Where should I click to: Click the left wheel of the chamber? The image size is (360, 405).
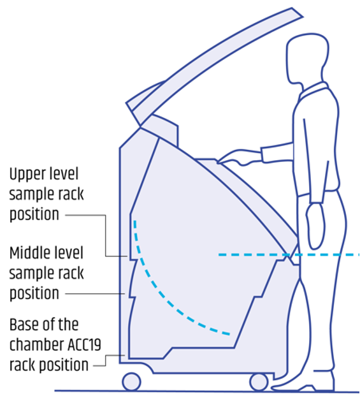point(131,381)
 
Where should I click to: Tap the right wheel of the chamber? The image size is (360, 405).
point(259,381)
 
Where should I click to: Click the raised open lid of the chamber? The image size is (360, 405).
point(210,61)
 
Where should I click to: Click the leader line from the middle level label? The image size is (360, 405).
point(96,293)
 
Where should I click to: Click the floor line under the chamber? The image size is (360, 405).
point(191,391)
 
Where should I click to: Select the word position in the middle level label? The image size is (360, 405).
point(34,293)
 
